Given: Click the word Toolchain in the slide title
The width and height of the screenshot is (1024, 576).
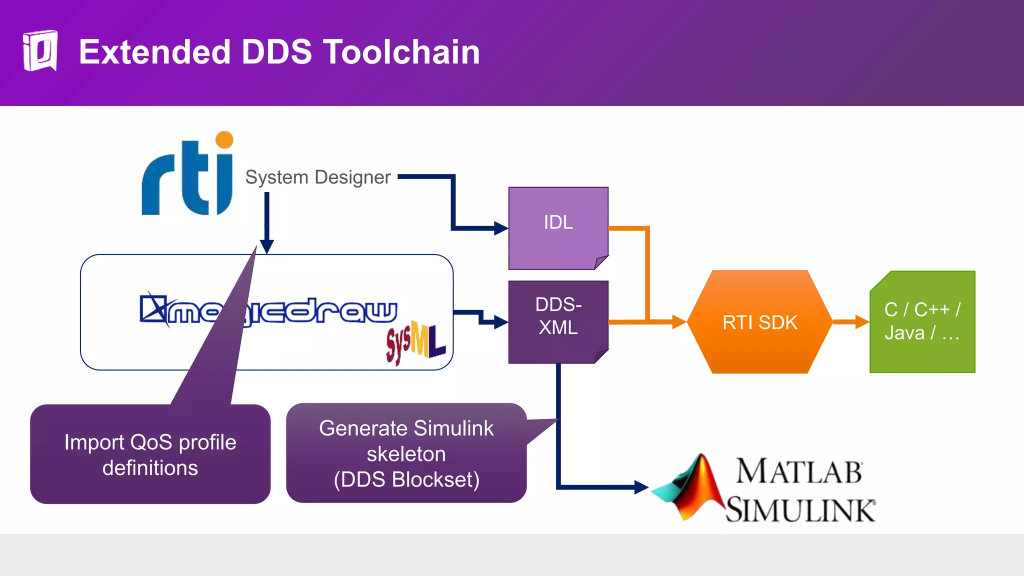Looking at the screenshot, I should (x=401, y=52).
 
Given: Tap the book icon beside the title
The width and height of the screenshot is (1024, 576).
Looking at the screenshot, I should (x=40, y=50).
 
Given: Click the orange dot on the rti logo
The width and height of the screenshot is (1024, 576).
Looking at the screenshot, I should (x=224, y=140).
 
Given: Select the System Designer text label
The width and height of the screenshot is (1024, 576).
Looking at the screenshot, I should (x=318, y=177).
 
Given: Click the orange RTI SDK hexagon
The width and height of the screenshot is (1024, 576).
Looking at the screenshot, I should (x=759, y=322).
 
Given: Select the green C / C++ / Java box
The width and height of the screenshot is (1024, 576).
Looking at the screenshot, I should (x=922, y=321).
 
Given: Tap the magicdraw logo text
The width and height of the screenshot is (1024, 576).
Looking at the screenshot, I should (x=300, y=311).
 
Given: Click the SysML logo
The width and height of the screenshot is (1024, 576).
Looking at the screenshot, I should (x=415, y=342).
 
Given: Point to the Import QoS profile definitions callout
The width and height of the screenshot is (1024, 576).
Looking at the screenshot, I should (x=150, y=454).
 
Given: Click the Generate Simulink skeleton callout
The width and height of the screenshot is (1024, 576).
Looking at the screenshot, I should (x=406, y=453).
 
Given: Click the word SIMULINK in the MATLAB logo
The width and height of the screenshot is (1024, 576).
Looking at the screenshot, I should (x=800, y=510).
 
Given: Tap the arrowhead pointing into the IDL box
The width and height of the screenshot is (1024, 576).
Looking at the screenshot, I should (x=501, y=228).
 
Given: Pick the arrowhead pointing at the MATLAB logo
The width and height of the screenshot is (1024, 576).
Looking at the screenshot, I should (x=641, y=487).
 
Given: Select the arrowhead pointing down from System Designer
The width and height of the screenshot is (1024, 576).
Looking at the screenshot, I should (x=267, y=246).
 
